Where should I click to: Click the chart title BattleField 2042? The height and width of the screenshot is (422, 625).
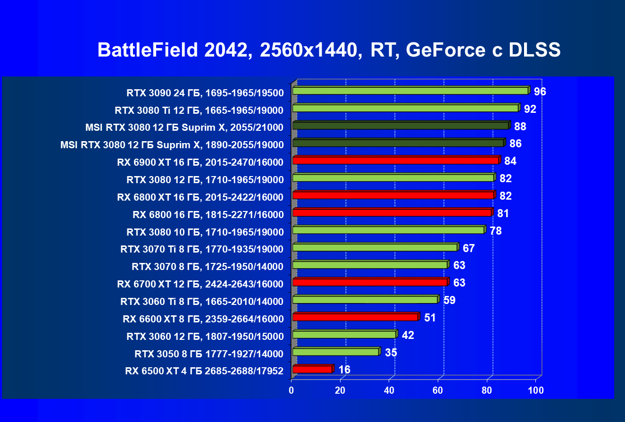pos(329,50)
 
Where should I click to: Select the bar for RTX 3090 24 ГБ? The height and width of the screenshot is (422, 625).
pos(410,91)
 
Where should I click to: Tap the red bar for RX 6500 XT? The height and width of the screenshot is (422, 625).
pos(312,369)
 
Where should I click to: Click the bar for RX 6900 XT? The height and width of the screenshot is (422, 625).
pos(395,160)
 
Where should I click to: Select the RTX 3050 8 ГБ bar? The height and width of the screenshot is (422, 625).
pos(335,352)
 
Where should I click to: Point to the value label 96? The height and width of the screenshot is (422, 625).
pos(540,92)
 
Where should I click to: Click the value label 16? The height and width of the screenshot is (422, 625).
pos(344,370)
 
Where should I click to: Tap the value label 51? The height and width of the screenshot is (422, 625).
pos(430,318)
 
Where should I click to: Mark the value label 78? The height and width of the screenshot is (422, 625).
pos(495,231)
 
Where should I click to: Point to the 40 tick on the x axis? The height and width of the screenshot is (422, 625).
pos(389,390)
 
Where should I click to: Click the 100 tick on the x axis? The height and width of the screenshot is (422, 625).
pos(535,390)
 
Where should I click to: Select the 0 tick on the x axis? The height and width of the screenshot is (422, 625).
pos(292,390)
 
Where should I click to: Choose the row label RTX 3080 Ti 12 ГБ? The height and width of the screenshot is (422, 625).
pos(199,110)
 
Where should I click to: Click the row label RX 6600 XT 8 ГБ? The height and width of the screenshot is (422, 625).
pos(203,319)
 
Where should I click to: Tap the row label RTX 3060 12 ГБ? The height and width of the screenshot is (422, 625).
pos(205,337)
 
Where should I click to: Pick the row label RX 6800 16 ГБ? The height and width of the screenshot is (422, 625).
pos(208,215)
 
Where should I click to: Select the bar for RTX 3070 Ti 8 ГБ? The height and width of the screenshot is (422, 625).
pos(375,247)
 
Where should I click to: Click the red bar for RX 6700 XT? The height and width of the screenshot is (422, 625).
pos(369,282)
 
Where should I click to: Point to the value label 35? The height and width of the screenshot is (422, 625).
pos(391,353)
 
